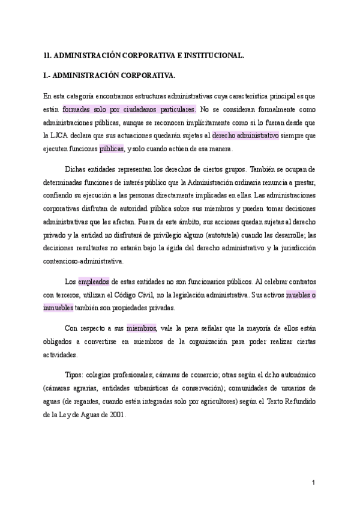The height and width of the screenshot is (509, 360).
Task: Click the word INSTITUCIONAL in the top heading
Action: pos(212,55)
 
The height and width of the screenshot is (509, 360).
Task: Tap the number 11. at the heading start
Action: pos(47,55)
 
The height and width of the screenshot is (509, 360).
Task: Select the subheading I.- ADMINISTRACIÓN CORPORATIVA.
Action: pos(110,76)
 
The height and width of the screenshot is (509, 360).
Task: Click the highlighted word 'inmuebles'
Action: pos(58,308)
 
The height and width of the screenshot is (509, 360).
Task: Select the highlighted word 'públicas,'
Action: pos(112,149)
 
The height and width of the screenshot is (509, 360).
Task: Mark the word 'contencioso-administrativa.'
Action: pos(84,261)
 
